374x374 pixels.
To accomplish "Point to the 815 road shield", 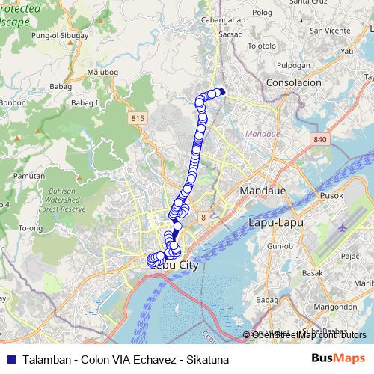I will click(x=137, y=118).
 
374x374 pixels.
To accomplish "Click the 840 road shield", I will click(x=321, y=139).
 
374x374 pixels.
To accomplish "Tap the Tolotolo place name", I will click(x=262, y=46).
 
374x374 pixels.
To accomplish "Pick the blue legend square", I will click(x=10, y=360).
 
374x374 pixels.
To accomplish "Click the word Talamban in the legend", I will click(x=46, y=360).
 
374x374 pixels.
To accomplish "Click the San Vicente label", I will click(x=327, y=31).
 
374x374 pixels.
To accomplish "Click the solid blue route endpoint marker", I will click(x=221, y=92).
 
